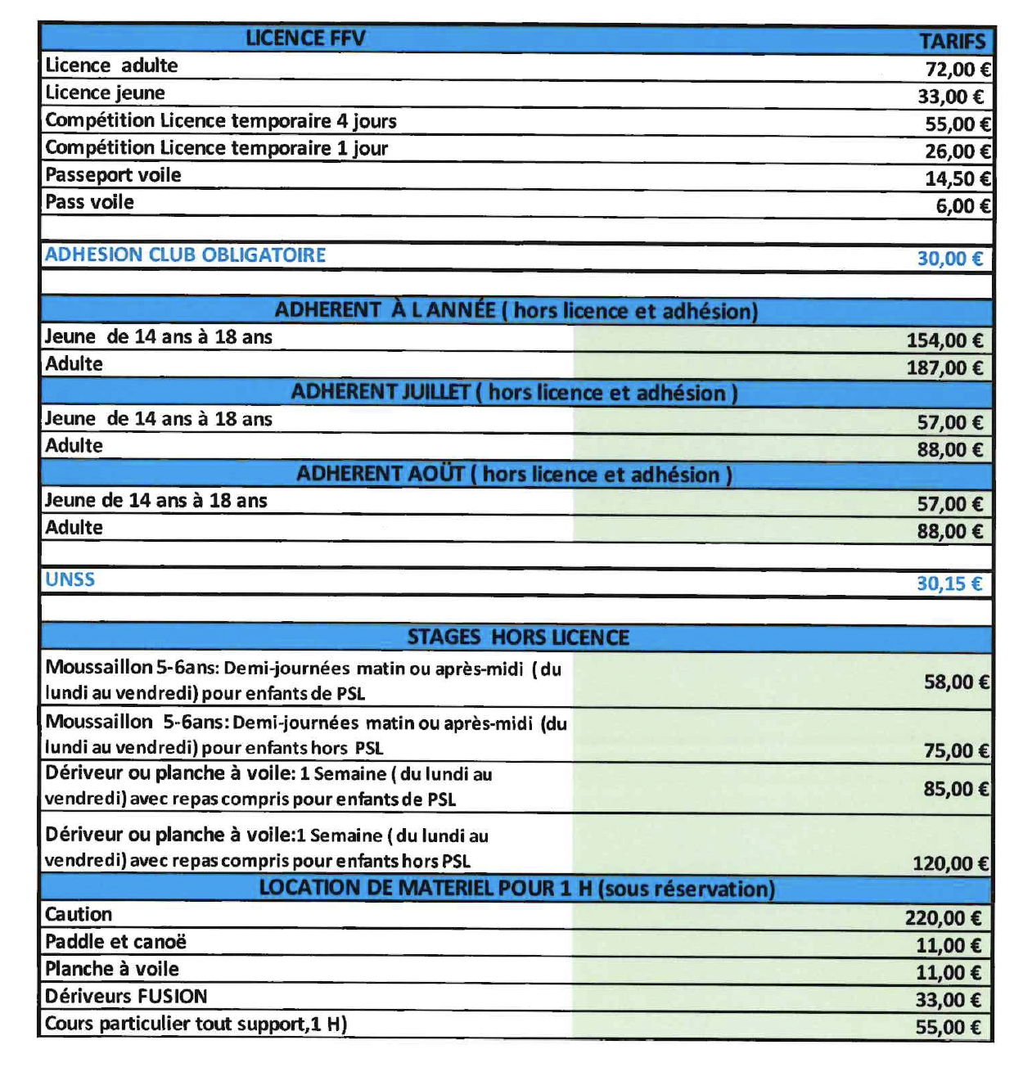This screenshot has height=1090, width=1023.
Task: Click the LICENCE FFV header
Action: pyautogui.click(x=305, y=38)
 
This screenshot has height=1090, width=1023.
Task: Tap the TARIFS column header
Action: pyautogui.click(x=952, y=41)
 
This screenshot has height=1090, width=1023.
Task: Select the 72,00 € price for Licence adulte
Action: pyautogui.click(x=958, y=70)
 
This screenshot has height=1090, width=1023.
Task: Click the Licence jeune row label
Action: pyautogui.click(x=105, y=92)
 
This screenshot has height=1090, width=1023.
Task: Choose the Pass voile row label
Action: pyautogui.click(x=89, y=202)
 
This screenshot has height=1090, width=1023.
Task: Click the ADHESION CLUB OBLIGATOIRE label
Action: pyautogui.click(x=185, y=254)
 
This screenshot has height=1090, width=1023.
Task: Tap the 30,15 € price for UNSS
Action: pyautogui.click(x=949, y=583)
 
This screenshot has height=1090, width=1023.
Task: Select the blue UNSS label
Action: pyautogui.click(x=70, y=579)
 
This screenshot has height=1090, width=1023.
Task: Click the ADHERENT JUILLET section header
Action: pyautogui.click(x=514, y=393)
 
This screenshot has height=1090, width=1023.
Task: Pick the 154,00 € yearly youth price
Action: pyautogui.click(x=944, y=340)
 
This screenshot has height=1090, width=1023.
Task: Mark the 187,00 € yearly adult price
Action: pyautogui.click(x=944, y=367)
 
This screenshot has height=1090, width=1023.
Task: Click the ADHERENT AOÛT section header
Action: pyautogui.click(x=514, y=475)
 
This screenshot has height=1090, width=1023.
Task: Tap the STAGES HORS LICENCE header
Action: pyautogui.click(x=518, y=637)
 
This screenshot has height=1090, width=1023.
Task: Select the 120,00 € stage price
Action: pyautogui.click(x=950, y=863)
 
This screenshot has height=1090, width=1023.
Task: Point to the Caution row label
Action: pyautogui.click(x=79, y=914)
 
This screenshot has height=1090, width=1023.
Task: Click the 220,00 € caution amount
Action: pyautogui.click(x=943, y=918)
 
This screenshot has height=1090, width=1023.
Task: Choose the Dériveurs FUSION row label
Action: pyautogui.click(x=126, y=996)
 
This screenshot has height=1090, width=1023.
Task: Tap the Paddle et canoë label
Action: pyautogui.click(x=115, y=942)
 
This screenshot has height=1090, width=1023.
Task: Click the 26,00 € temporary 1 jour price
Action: pyautogui.click(x=958, y=151)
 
